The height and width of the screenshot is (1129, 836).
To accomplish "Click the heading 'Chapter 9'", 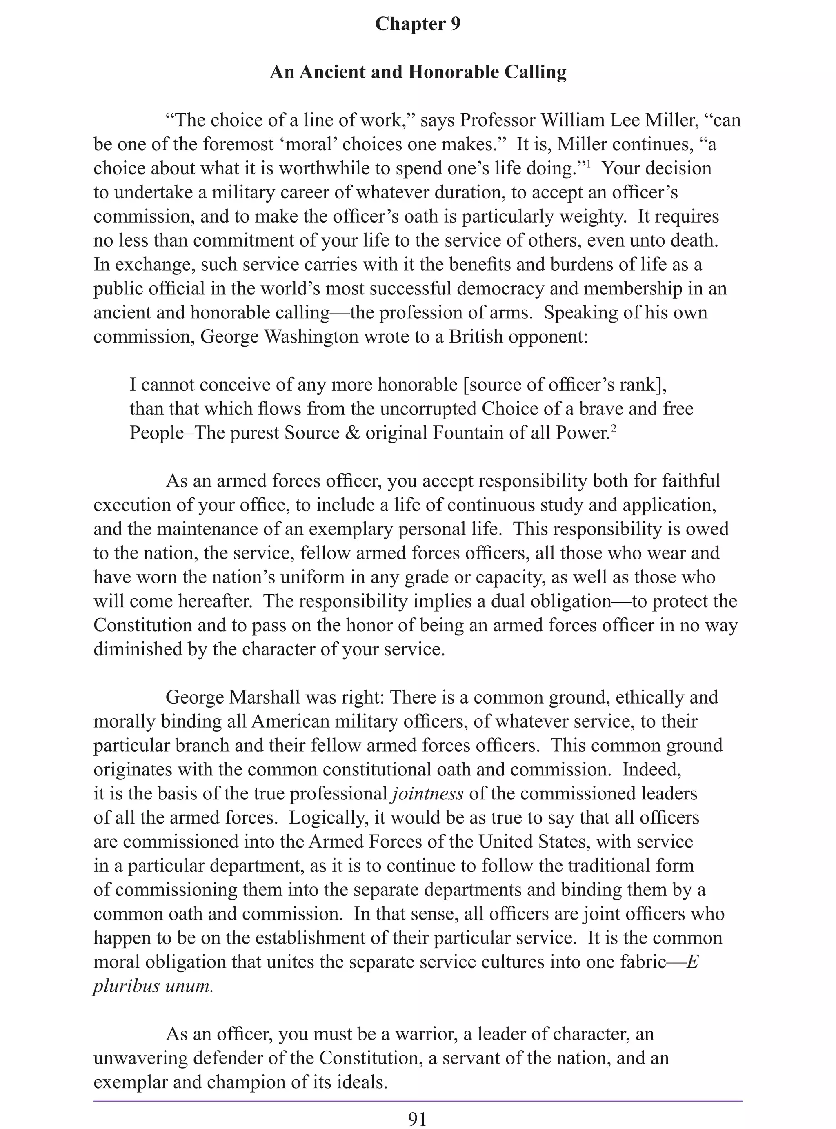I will pyautogui.click(x=418, y=24).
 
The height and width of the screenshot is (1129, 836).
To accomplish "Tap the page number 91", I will pyautogui.click(x=418, y=1119).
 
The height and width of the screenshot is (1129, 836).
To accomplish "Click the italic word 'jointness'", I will pyautogui.click(x=428, y=793).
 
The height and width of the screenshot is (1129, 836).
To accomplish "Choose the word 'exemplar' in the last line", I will pyautogui.click(x=130, y=1082).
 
